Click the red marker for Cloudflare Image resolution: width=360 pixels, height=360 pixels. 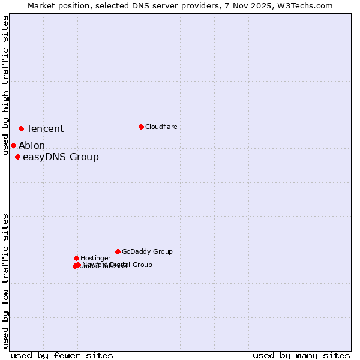[x=141, y=127]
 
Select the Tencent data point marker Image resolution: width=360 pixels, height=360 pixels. [x=21, y=128]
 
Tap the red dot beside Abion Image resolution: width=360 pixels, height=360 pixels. [x=13, y=145]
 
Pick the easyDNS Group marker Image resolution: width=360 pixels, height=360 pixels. [x=17, y=157]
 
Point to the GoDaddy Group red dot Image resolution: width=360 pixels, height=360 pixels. [x=118, y=251]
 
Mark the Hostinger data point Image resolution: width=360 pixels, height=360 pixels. [x=76, y=258]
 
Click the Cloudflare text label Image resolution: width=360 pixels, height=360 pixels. [x=161, y=127]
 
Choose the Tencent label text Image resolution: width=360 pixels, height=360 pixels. [x=45, y=128]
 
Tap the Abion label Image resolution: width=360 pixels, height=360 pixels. [x=32, y=145]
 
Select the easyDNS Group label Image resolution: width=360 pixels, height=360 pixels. [x=61, y=157]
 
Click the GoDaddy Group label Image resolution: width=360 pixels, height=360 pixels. [x=147, y=251]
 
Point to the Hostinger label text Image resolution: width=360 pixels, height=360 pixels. [x=95, y=258]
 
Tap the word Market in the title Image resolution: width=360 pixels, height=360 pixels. [x=43, y=5]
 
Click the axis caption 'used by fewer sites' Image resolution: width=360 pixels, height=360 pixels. [x=62, y=355]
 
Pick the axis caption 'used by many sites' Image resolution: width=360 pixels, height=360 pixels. [x=301, y=355]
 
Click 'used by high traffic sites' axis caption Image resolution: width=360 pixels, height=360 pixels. [x=5, y=85]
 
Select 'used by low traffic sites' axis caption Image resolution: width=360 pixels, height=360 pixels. [x=5, y=281]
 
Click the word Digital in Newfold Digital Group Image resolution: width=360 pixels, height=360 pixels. [x=120, y=265]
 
